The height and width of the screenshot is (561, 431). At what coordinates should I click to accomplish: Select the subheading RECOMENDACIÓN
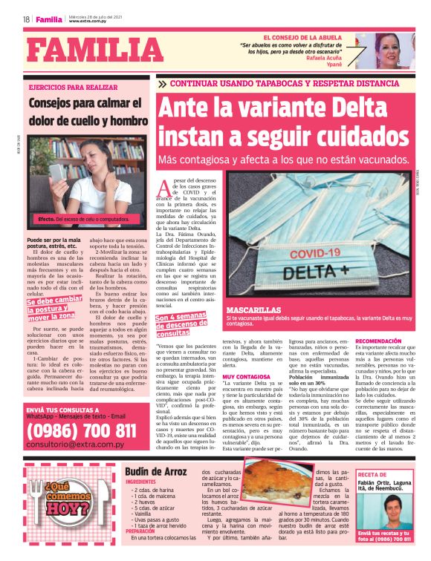click(x=380, y=341)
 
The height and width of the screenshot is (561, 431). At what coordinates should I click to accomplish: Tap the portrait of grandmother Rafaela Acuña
click(x=395, y=50)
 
